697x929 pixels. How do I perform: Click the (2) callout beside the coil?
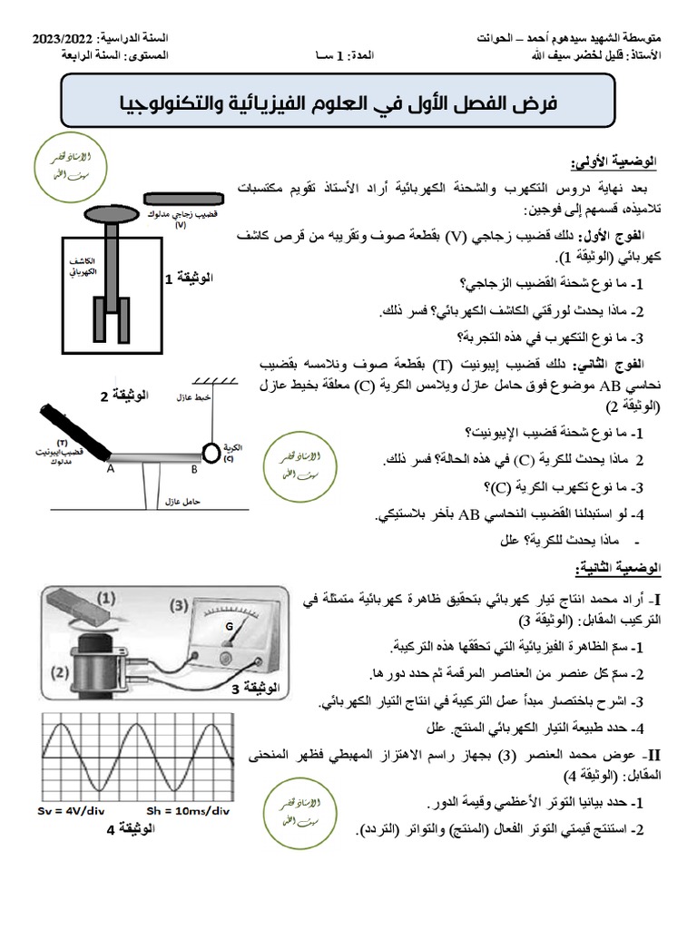coord(60,672)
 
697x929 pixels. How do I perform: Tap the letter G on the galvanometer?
coord(229,626)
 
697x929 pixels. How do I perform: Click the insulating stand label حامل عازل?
coord(184,500)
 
